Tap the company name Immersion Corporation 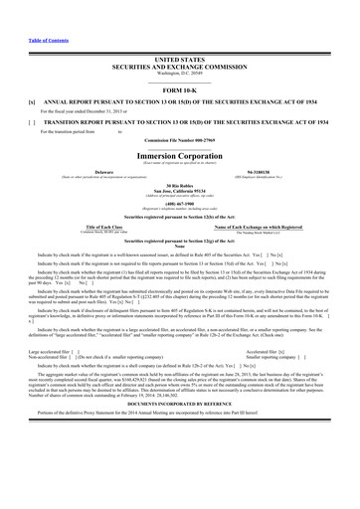pyautogui.click(x=179, y=156)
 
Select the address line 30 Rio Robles pyautogui.click(x=179, y=186)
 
